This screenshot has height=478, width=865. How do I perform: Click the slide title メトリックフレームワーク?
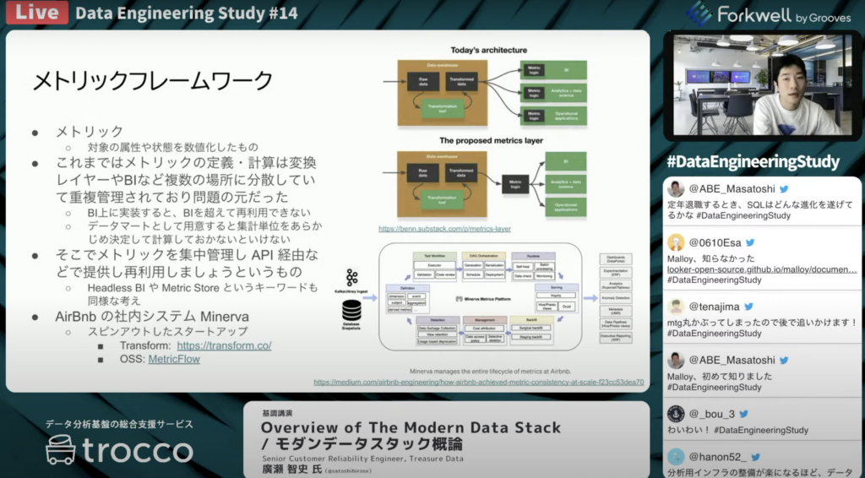(152, 81)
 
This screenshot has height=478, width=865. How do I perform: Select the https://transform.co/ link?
(224, 345)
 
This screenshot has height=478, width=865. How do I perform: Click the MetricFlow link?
(174, 360)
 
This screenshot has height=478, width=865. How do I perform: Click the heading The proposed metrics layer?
(491, 140)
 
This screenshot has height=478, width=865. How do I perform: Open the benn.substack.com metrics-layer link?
(444, 229)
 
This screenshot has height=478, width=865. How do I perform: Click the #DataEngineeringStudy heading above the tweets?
(753, 161)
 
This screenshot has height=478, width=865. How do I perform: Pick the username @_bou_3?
(712, 414)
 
